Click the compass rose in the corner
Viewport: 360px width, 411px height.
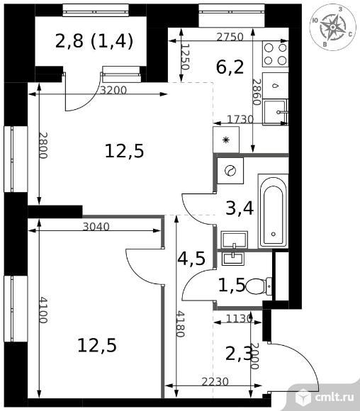[x=333, y=27]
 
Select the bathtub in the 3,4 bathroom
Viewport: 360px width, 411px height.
[x=274, y=210]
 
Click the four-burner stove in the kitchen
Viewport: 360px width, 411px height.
[x=275, y=54]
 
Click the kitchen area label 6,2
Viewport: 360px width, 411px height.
[x=230, y=67]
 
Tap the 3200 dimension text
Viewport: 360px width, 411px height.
[x=113, y=91]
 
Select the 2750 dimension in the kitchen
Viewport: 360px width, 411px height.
[x=230, y=38]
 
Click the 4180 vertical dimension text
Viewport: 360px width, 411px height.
[x=181, y=324]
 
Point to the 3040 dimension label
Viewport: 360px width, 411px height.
[x=96, y=227]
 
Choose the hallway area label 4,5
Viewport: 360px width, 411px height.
[x=191, y=259]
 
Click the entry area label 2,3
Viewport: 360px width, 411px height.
[x=238, y=354]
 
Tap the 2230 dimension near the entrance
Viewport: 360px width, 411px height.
[x=215, y=382]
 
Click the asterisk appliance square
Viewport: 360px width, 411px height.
[x=226, y=140]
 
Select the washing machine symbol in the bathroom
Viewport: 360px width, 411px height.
[x=230, y=171]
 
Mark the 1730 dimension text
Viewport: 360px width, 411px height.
[x=240, y=120]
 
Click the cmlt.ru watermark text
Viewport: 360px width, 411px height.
[x=334, y=397]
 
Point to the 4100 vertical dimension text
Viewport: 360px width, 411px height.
[x=43, y=310]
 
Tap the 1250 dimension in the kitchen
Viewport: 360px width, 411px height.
[x=185, y=57]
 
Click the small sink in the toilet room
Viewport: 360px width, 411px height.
[x=233, y=259]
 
